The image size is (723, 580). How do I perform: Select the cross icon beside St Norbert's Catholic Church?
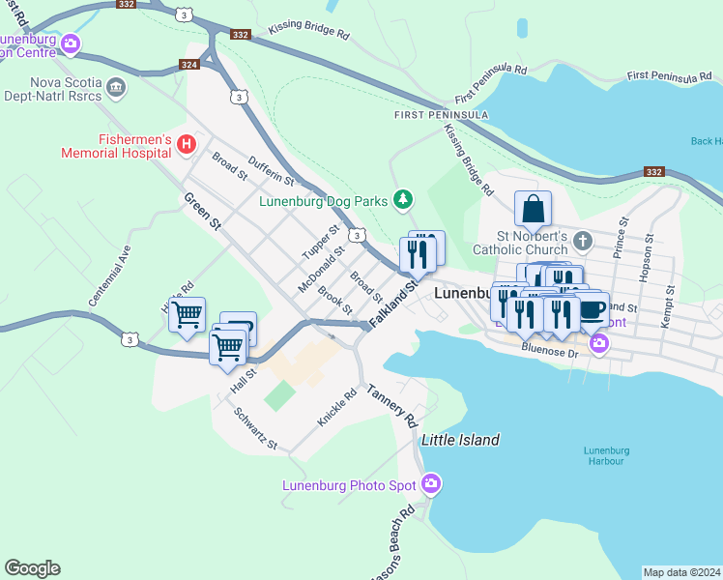[582, 240]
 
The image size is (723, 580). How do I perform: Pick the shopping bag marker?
[533, 209]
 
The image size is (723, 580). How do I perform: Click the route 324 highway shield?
[190, 66]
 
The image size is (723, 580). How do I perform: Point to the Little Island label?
[460, 440]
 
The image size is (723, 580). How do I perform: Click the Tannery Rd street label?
[391, 406]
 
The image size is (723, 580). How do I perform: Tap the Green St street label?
[202, 210]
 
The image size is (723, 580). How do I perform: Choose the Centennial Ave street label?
[109, 280]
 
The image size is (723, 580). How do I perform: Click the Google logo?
[32, 568]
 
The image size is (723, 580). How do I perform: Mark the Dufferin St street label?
[271, 171]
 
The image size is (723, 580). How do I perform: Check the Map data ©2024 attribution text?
[681, 571]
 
